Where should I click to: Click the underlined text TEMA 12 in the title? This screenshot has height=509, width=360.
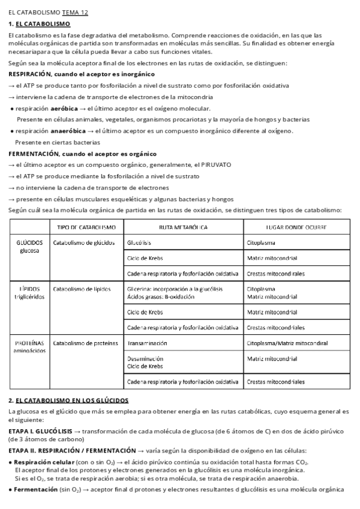(75, 12)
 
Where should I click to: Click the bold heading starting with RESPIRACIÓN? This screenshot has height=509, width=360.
(82, 74)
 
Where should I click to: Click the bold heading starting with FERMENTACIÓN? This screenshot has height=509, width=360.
(82, 154)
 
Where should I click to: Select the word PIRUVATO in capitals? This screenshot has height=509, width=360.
(214, 164)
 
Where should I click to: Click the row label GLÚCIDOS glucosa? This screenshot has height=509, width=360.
(29, 247)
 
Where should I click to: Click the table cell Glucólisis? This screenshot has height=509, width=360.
(139, 243)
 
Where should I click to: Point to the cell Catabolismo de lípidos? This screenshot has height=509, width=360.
(82, 289)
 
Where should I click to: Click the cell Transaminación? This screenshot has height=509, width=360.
(147, 343)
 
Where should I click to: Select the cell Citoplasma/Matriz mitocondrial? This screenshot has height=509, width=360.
(287, 343)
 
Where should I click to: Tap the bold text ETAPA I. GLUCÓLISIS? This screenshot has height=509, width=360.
(40, 432)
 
